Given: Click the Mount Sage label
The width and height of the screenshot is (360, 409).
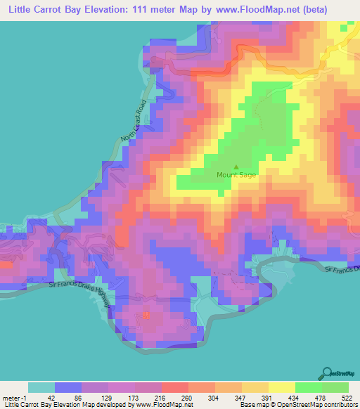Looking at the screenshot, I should (236, 175).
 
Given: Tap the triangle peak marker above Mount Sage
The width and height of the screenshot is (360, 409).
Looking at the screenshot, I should (236, 167).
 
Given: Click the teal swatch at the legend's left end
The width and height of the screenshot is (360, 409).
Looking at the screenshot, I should (41, 387).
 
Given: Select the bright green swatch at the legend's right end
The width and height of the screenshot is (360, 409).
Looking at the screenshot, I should (335, 387).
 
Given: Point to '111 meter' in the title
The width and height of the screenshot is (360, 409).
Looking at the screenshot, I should (167, 9).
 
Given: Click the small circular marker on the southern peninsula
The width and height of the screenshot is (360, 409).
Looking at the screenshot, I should (146, 314).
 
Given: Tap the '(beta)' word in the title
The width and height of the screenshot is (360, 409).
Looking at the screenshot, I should (338, 9).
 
